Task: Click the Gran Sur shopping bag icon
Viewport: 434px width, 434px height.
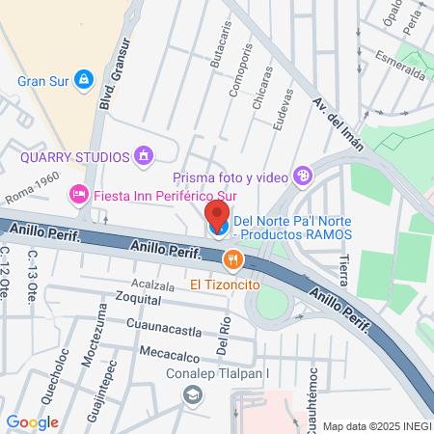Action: point(84,78)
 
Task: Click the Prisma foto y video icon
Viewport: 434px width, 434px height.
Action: point(304,176)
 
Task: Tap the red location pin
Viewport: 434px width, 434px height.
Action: point(218,214)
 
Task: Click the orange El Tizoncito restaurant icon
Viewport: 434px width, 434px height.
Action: point(231,258)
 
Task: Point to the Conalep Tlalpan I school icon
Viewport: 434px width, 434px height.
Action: point(193,394)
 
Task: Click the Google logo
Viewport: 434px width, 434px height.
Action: point(33,421)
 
